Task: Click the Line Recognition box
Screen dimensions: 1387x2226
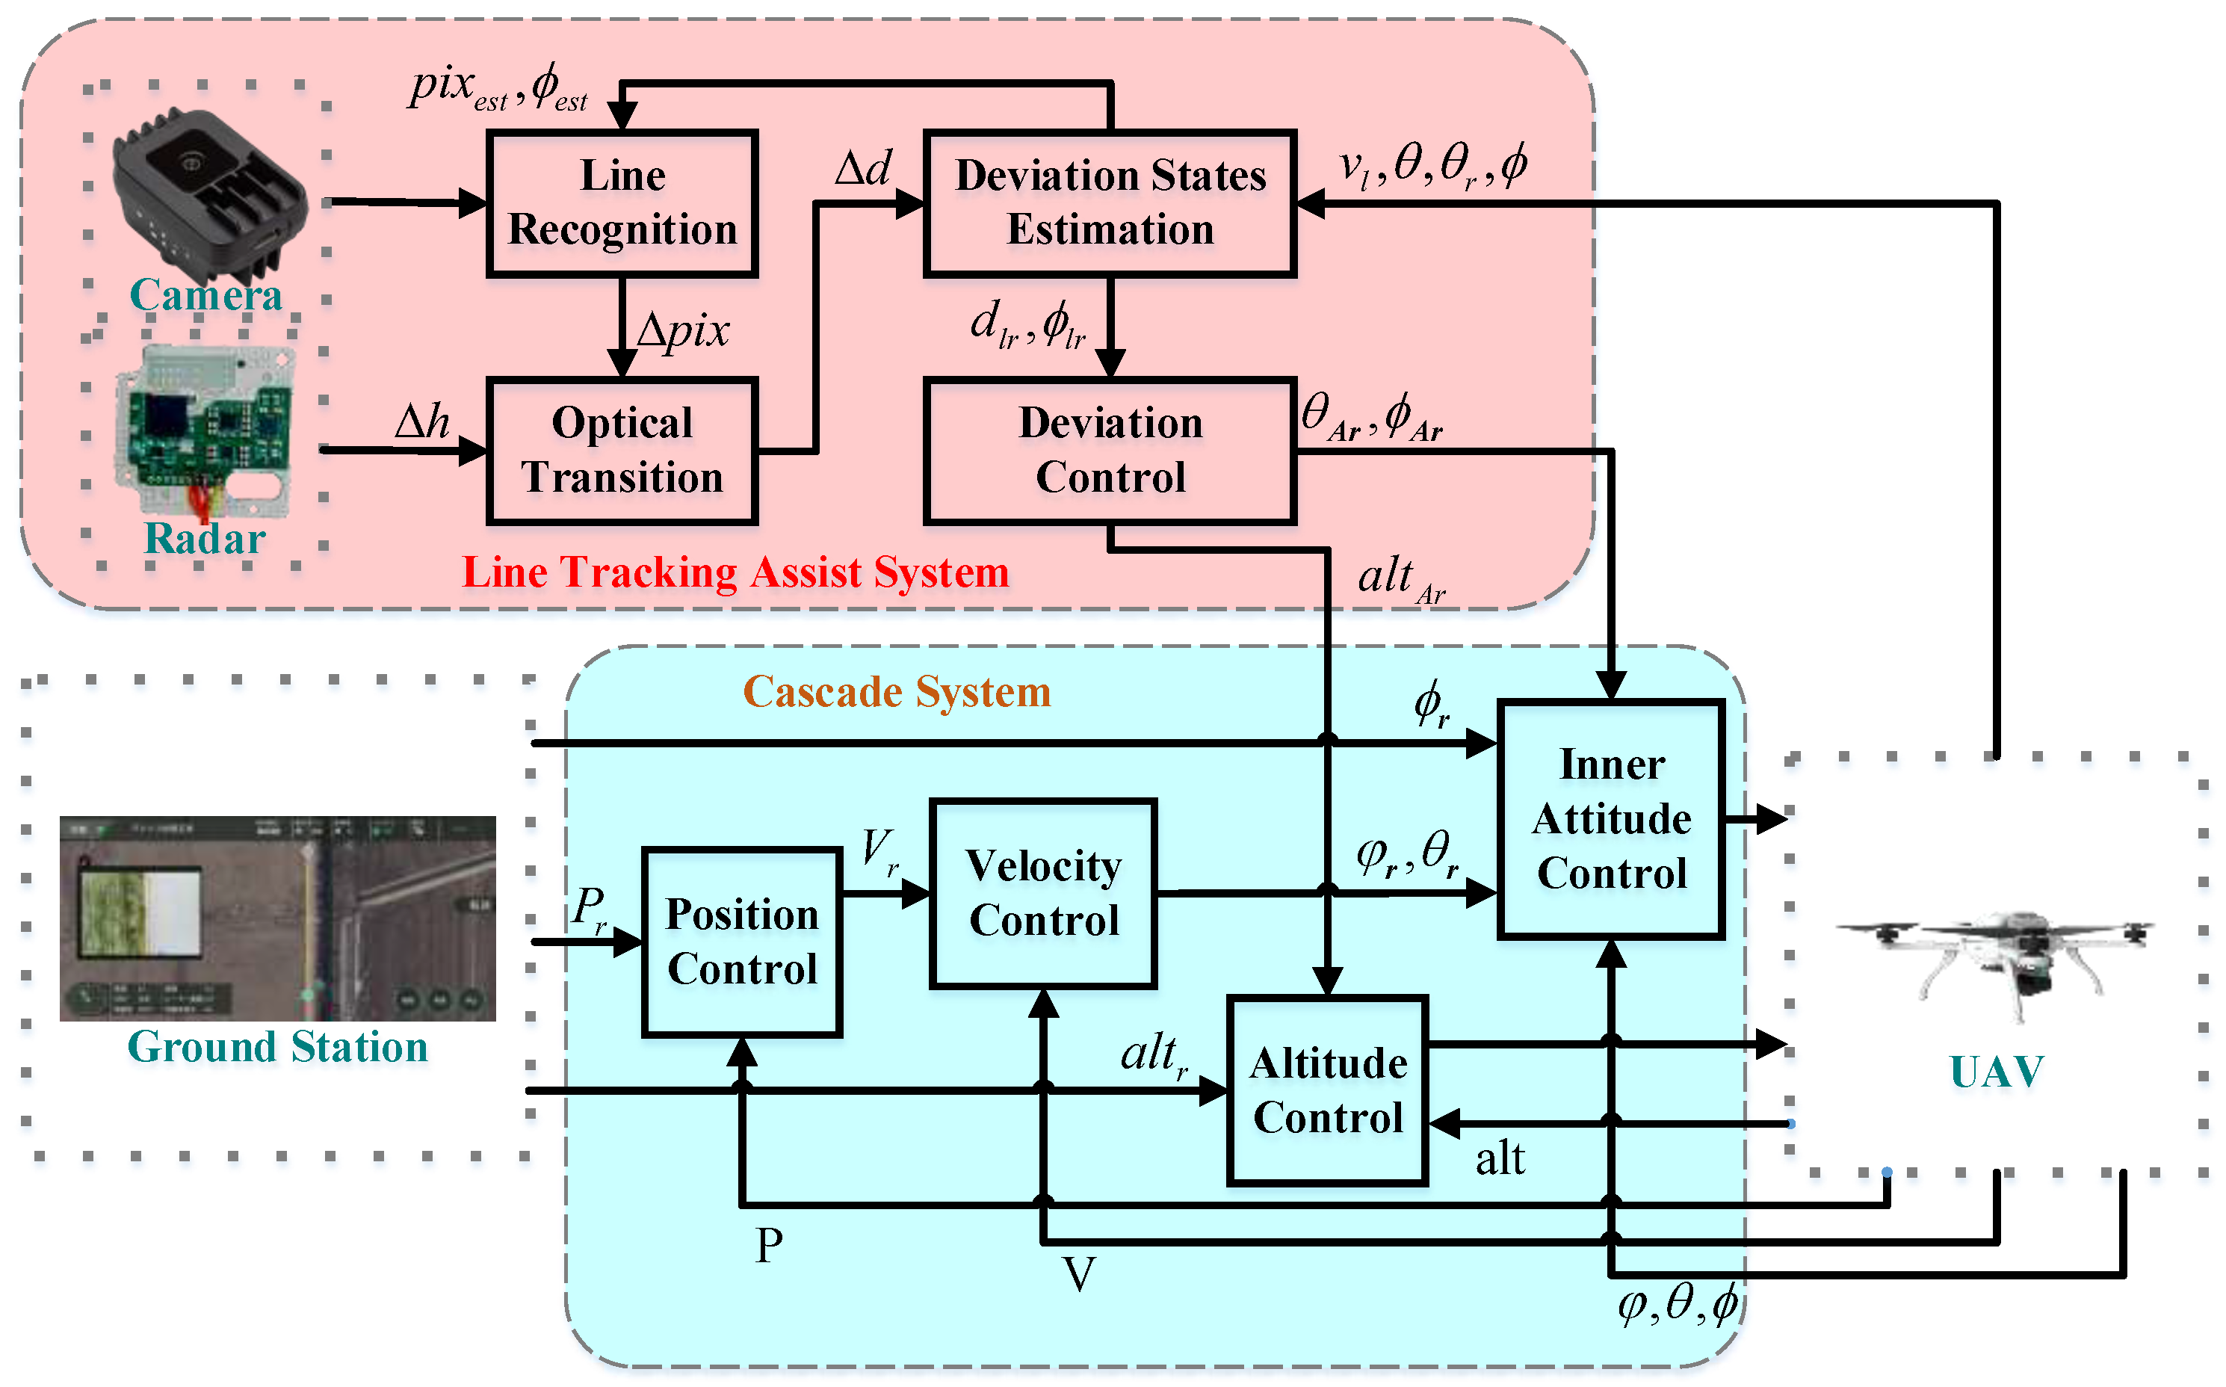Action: point(622,203)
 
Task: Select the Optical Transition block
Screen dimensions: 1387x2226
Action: point(622,451)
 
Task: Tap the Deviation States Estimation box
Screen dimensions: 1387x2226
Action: point(1110,203)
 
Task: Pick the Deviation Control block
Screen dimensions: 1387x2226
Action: point(1110,451)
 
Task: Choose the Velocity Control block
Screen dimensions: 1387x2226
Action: point(1043,894)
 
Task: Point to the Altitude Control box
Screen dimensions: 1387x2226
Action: point(1327,1090)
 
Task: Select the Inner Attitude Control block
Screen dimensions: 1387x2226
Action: point(1610,819)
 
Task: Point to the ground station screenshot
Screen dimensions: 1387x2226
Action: point(277,918)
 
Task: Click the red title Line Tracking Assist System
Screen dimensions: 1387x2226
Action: point(735,572)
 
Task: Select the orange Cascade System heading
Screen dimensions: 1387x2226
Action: point(896,692)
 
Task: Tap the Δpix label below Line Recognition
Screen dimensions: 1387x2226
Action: point(683,330)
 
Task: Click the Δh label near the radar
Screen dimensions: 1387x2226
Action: point(422,423)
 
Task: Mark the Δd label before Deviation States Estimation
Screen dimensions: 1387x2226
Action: point(862,169)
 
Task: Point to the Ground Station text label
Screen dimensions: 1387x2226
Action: point(277,1047)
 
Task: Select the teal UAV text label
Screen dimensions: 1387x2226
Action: point(1996,1072)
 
